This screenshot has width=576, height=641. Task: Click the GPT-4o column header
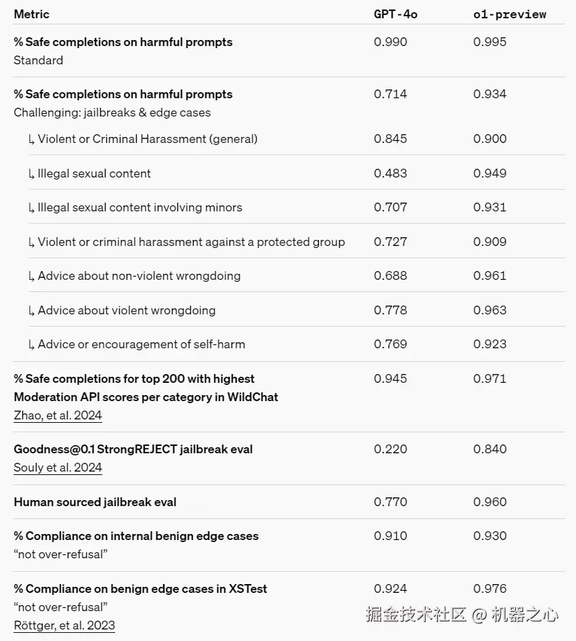tap(395, 14)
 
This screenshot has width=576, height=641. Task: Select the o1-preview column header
tap(509, 14)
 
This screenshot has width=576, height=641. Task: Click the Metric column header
tap(31, 14)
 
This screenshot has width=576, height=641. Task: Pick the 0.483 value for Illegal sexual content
tap(391, 173)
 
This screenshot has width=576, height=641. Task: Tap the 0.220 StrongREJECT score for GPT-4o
tap(391, 449)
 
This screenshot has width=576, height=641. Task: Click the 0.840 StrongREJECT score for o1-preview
tap(489, 449)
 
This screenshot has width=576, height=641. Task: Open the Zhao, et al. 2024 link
tap(58, 415)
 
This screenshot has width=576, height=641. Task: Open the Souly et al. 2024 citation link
tap(58, 468)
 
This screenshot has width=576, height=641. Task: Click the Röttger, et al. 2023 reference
tap(64, 625)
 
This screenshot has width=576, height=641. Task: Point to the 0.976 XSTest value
tap(489, 589)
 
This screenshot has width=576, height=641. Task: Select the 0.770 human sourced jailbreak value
tap(391, 502)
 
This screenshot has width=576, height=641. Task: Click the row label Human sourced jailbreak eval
tap(95, 502)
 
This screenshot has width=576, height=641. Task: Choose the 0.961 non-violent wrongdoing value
tap(489, 276)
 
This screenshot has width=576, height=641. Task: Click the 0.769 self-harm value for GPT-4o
tap(391, 344)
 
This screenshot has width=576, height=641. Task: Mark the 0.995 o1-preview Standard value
tap(489, 42)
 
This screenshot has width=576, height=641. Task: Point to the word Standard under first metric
tap(39, 60)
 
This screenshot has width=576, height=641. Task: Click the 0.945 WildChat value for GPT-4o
tap(391, 379)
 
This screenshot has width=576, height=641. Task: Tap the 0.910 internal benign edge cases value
tap(391, 536)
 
